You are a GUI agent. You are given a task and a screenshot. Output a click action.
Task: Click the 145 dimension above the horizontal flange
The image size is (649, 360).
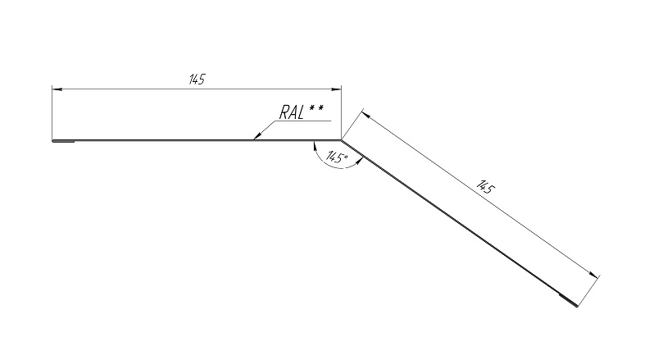[197, 79]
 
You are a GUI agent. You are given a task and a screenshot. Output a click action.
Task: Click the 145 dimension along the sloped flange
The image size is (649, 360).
[485, 187]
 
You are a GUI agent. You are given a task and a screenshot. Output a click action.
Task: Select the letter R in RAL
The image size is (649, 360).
[284, 112]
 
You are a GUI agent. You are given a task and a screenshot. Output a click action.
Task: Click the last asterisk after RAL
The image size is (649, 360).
[320, 109]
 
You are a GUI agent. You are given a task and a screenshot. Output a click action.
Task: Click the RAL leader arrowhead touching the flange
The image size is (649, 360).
[257, 135]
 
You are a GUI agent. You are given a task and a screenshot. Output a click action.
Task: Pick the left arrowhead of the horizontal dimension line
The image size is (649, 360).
[57, 89]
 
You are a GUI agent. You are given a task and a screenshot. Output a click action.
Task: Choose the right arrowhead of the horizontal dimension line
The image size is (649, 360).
[336, 89]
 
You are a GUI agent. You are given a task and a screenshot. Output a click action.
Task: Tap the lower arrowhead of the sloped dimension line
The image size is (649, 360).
[594, 275]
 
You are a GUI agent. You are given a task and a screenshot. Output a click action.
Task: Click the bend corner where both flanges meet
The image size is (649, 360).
[342, 140]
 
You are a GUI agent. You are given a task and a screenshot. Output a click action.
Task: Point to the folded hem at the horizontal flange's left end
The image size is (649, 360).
[63, 141]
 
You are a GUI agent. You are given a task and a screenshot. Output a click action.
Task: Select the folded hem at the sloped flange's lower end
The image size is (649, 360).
[569, 301]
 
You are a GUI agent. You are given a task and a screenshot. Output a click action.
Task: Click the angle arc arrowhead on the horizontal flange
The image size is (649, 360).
[315, 145]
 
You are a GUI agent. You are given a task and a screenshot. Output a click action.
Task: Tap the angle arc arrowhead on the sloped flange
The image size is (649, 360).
[360, 162]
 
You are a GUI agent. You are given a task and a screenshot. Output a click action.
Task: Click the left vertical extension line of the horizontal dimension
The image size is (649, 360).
[52, 113]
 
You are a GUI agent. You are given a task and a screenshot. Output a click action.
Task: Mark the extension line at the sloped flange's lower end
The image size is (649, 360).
[588, 291]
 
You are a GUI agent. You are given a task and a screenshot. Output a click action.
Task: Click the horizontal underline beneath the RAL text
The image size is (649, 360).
[303, 121]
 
